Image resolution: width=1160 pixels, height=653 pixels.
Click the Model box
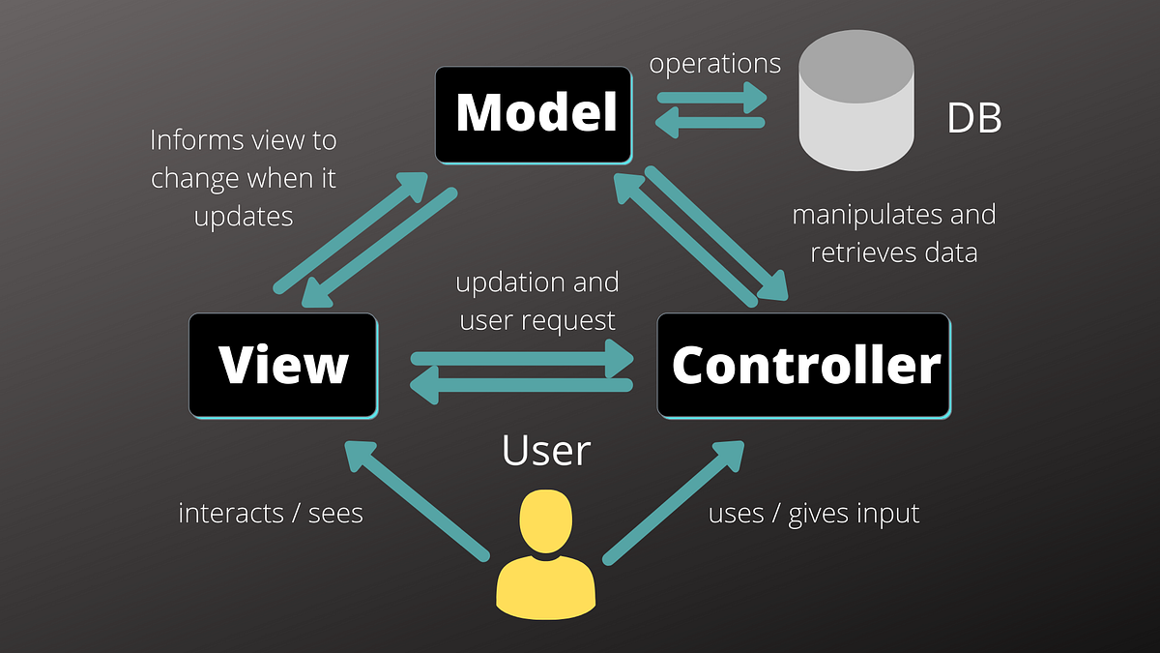(535, 114)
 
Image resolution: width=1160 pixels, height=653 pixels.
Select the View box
(282, 366)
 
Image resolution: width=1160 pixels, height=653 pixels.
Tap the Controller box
(804, 366)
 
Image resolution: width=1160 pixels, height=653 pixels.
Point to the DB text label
(973, 119)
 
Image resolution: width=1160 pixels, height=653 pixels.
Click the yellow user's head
(545, 521)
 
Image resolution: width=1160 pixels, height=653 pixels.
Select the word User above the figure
(545, 451)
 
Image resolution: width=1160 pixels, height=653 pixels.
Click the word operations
(714, 64)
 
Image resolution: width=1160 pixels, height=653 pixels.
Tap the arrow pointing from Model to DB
(711, 98)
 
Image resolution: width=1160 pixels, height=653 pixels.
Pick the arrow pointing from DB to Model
(711, 124)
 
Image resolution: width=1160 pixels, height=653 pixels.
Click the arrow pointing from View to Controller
(522, 358)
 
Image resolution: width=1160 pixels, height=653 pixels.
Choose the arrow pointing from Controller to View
(522, 385)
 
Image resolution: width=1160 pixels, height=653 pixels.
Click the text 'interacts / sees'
(271, 513)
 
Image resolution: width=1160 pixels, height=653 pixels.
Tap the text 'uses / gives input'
(814, 513)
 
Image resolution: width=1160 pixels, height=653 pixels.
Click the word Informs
(195, 140)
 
